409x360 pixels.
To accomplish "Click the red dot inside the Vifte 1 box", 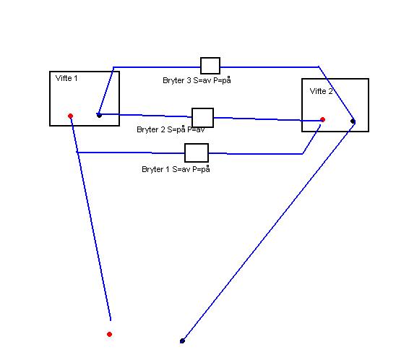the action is (70, 116).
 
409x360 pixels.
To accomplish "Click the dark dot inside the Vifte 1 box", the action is (99, 115).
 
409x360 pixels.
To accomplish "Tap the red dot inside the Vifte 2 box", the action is (323, 120).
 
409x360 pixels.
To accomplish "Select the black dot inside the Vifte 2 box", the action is (353, 121).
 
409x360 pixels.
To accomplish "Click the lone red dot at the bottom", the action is (110, 334).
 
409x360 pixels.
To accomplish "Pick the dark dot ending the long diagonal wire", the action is (182, 340).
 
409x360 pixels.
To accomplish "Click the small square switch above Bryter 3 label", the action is (210, 66).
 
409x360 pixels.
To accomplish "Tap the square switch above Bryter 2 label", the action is (202, 118).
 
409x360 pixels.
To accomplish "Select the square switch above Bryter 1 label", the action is (197, 153).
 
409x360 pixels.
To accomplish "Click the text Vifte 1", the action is (66, 78).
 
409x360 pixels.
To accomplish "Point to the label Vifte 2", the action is (321, 91).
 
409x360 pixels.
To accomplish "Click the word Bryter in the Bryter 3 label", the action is (173, 80).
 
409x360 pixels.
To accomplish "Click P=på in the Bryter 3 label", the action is (222, 80).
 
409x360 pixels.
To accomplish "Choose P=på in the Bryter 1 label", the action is (201, 169).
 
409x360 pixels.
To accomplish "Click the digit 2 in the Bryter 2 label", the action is (163, 129).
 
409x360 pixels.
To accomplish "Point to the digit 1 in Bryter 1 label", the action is (168, 169).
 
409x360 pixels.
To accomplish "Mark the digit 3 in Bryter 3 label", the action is (189, 80).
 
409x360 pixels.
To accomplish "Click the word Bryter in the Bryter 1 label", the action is (152, 170).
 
